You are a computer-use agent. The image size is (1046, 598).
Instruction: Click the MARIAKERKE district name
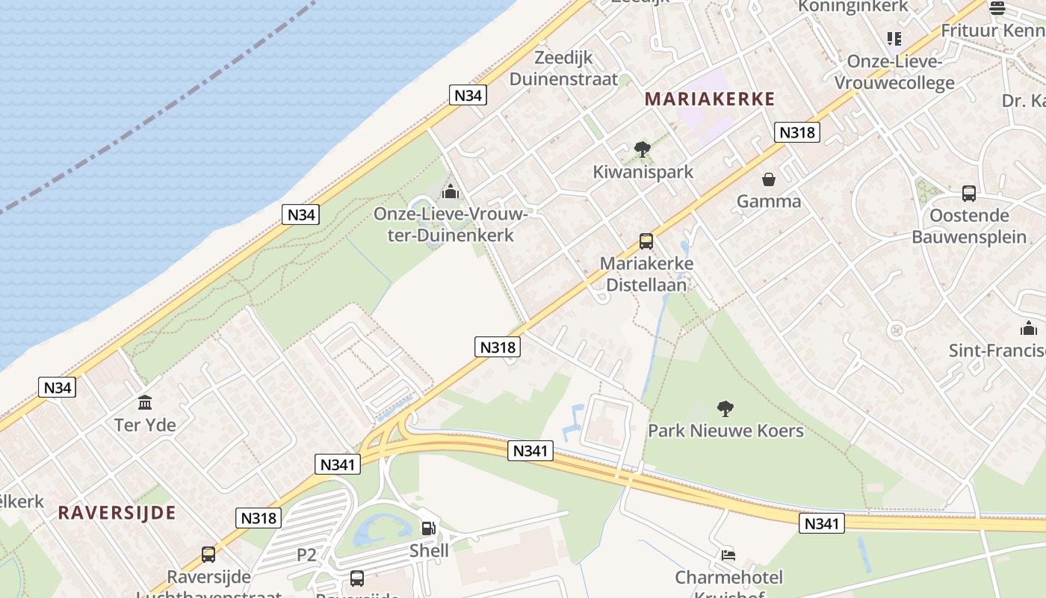coord(709,99)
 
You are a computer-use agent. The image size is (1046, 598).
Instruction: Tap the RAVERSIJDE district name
coord(117,513)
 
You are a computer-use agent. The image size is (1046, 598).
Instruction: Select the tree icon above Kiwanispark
coord(642,149)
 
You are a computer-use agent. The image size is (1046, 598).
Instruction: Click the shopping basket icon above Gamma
coord(768,179)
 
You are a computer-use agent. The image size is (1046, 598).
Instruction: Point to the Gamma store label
coord(769,201)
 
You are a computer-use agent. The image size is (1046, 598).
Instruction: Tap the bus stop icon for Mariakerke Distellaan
coord(646,241)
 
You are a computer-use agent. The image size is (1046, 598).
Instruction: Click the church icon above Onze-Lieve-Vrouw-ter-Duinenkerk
coord(450,192)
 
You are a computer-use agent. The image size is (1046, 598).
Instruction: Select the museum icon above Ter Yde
coord(145,403)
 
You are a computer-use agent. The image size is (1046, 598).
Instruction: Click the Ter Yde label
coord(145,425)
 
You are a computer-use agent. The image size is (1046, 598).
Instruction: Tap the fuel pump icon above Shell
coord(429,528)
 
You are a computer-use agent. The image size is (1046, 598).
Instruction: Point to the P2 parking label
coord(307,555)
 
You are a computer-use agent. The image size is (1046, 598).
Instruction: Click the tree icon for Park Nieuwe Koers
coord(725,408)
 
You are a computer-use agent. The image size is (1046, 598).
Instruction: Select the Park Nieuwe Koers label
coord(725,431)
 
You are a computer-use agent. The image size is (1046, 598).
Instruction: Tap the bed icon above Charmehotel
coord(728,555)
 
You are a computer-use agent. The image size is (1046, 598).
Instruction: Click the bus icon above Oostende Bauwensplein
coord(969,194)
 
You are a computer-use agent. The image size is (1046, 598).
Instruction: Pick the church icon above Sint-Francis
coord(1029,328)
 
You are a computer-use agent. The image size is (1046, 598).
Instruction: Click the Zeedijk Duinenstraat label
coord(564,69)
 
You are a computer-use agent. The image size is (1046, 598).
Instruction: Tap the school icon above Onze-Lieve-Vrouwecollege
coord(894,38)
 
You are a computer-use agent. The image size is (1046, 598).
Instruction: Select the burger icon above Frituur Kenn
coord(997,8)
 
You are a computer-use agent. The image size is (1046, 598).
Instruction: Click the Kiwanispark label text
coord(643,172)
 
